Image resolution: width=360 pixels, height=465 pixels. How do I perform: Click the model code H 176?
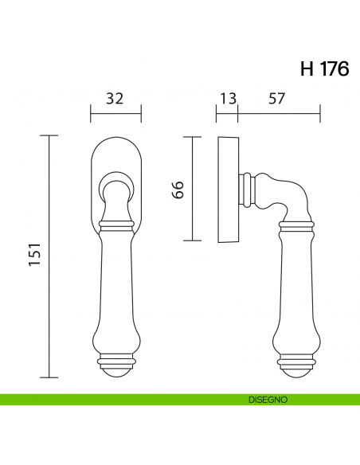(324, 69)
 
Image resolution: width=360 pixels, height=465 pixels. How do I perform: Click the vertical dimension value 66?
(179, 190)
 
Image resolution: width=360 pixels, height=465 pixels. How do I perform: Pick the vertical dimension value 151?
(34, 256)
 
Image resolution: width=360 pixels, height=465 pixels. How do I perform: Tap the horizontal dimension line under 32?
(115, 114)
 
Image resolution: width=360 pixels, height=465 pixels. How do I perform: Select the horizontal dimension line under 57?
(279, 114)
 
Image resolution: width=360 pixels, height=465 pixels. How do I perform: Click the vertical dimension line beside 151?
(50, 256)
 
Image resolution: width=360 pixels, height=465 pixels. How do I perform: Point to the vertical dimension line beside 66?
(190, 189)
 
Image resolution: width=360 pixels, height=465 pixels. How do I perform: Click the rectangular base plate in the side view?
(228, 190)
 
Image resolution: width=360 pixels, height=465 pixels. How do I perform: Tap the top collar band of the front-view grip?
(115, 228)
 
